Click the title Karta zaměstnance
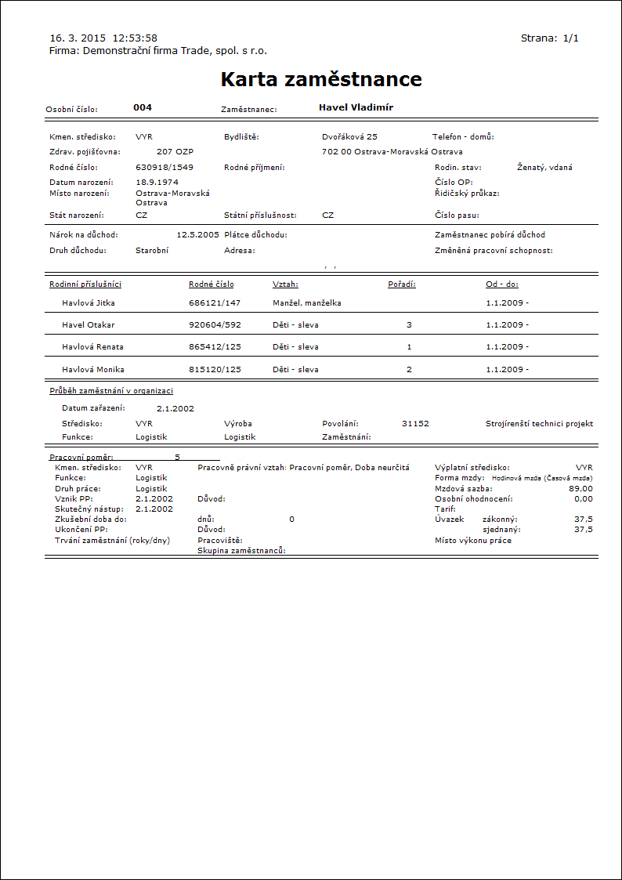coord(321,79)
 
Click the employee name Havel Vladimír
coord(356,107)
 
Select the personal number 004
coord(143,107)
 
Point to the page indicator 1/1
coord(570,38)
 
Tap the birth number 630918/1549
coord(165,167)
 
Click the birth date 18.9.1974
coord(157,182)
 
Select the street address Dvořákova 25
coord(349,136)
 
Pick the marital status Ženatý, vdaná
coord(545,167)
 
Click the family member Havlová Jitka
coord(89,302)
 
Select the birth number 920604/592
coord(215,324)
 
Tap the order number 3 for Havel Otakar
coord(409,324)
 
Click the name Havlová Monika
coord(93,369)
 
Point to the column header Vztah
coord(285,284)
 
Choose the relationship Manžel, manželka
coord(306,302)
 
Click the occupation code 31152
coord(415,423)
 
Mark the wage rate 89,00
coord(581,488)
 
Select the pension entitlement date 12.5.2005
coord(198,234)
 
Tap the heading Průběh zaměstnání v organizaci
coord(111,390)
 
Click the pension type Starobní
coord(152,251)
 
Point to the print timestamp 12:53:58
coord(136,38)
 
